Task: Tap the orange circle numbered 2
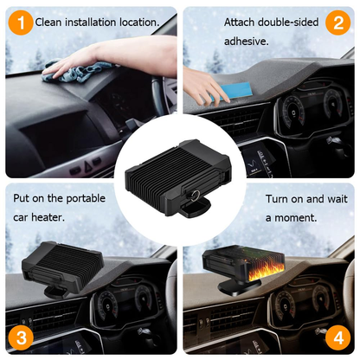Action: click(338, 21)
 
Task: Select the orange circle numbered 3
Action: click(21, 336)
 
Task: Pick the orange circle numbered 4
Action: click(338, 336)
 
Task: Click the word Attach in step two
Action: click(239, 21)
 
